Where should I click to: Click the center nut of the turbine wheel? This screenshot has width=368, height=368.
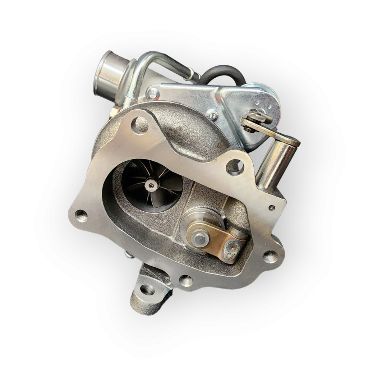pos(151,185)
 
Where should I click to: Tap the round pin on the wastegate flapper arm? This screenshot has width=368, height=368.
pos(198,238)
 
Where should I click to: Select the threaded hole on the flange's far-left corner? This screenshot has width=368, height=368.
pos(81,215)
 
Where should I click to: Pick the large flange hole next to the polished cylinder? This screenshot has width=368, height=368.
pos(235,167)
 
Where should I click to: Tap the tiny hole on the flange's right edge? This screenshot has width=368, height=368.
pos(272,207)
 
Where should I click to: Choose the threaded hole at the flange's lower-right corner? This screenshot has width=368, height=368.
pos(270,257)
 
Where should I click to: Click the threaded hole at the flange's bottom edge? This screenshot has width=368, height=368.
pos(186,280)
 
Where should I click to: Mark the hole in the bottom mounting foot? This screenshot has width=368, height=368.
pos(147,289)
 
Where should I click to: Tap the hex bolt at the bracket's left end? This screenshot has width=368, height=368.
pos(153,94)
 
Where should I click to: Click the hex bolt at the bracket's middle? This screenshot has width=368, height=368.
pos(213,115)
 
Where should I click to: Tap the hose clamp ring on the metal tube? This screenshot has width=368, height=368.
pos(194,76)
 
